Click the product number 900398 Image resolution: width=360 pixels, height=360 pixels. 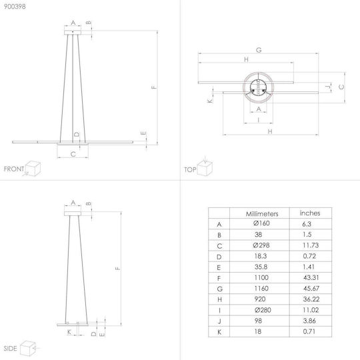[15, 7]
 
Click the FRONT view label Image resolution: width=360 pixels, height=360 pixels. [14, 169]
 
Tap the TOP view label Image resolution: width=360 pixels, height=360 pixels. [190, 170]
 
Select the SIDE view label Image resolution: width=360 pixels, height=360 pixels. [10, 348]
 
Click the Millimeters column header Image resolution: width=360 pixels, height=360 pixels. [262, 214]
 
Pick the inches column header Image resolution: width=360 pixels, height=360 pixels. [310, 213]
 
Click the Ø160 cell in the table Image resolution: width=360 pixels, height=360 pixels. [261, 223]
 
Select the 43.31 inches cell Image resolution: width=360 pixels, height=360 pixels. [311, 277]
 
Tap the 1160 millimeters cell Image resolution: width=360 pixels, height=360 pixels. [261, 289]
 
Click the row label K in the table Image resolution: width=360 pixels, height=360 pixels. [219, 332]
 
